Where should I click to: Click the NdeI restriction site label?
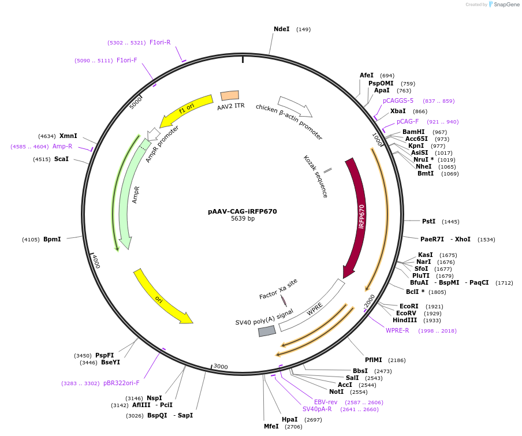tap(281, 29)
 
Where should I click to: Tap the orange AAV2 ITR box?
tap(230, 96)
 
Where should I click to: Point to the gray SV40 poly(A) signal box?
tap(267, 331)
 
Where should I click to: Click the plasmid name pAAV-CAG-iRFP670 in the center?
tap(243, 211)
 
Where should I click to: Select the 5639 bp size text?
tap(243, 219)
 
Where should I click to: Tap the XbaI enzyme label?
tap(398, 111)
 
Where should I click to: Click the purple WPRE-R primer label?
tap(397, 330)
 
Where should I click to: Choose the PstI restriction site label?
tap(428, 221)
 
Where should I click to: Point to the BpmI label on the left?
tap(52, 239)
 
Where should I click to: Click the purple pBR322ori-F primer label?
tap(121, 383)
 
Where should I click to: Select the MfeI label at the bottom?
tap(271, 427)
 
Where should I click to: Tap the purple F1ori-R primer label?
tap(160, 42)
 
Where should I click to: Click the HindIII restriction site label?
tap(405, 320)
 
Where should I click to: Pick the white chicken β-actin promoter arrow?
tap(295, 106)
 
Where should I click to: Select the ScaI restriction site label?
tap(61, 159)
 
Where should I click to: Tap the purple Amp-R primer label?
tap(62, 146)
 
